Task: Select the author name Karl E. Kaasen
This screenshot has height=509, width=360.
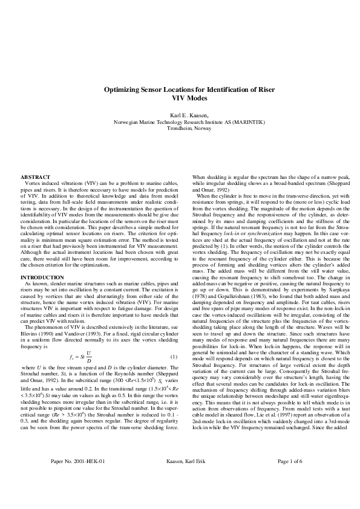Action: tap(180, 115)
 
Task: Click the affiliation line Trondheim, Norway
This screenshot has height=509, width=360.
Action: tap(180, 128)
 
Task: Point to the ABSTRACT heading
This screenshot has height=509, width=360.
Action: tap(34, 177)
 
